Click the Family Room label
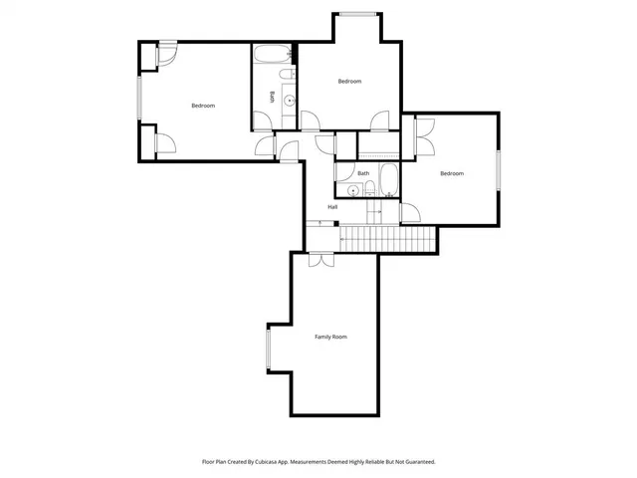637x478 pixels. (331, 338)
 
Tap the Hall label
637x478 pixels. (331, 207)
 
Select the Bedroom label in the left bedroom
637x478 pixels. (203, 106)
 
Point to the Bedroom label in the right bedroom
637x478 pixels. (452, 173)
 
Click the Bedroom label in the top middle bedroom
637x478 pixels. (349, 81)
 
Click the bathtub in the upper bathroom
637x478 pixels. (271, 54)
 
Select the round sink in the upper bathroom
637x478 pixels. (290, 100)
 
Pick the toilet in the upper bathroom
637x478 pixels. (286, 77)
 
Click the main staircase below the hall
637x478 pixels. (388, 239)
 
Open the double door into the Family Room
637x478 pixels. (320, 259)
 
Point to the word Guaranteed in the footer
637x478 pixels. (417, 462)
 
